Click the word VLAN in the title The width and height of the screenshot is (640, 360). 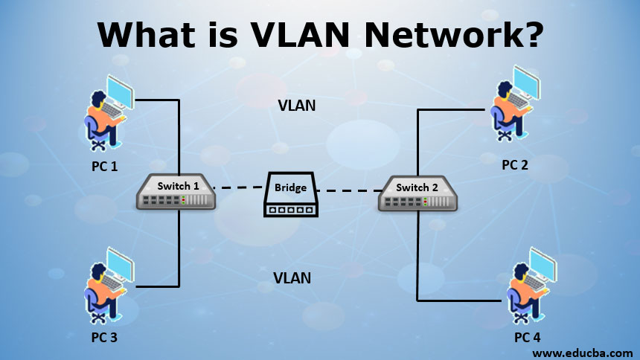click(288, 35)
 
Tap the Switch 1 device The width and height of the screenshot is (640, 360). click(176, 193)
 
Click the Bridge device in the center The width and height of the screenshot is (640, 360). click(290, 195)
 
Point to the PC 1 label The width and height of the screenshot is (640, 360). click(104, 166)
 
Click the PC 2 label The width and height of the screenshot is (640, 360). click(514, 164)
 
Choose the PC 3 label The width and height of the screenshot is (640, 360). click(104, 337)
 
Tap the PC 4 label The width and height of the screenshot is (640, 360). click(528, 338)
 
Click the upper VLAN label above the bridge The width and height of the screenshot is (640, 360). click(296, 106)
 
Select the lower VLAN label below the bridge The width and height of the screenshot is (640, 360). click(292, 279)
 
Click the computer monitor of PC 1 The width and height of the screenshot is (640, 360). click(120, 89)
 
